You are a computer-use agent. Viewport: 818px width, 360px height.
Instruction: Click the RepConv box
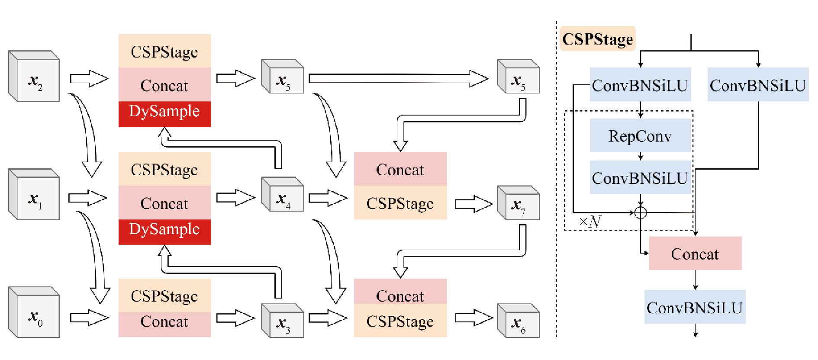click(x=640, y=136)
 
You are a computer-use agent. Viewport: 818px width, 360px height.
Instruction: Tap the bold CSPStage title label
click(x=597, y=39)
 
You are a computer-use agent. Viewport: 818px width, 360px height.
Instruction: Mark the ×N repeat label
click(x=590, y=222)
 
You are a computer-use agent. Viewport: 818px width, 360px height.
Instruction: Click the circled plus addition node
click(x=641, y=212)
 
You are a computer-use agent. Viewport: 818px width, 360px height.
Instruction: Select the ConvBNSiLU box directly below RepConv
click(x=640, y=178)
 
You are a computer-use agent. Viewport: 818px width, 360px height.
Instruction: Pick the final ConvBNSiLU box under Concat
click(x=695, y=307)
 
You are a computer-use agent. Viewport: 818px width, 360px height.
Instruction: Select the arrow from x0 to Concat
click(x=89, y=318)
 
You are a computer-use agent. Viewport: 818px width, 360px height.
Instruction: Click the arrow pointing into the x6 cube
click(x=473, y=318)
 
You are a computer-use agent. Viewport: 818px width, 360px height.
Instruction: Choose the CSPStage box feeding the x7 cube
click(x=400, y=203)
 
